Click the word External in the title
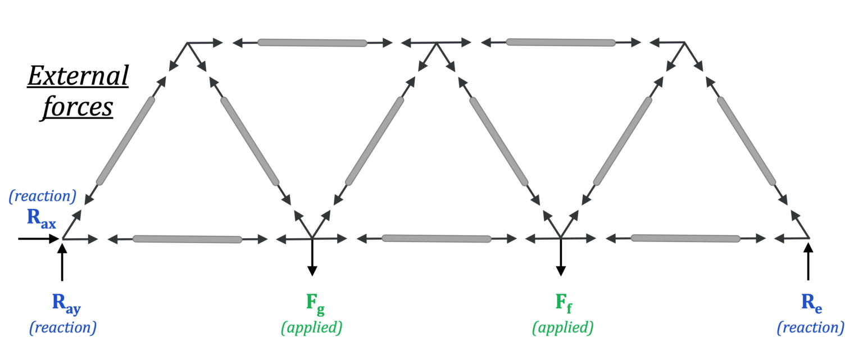(x=78, y=76)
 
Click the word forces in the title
(x=77, y=107)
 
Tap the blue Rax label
(x=41, y=220)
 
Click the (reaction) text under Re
(x=810, y=327)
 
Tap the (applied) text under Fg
(x=312, y=327)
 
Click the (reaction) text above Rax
(x=43, y=197)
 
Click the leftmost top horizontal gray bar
(x=312, y=43)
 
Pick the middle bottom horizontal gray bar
(x=436, y=239)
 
